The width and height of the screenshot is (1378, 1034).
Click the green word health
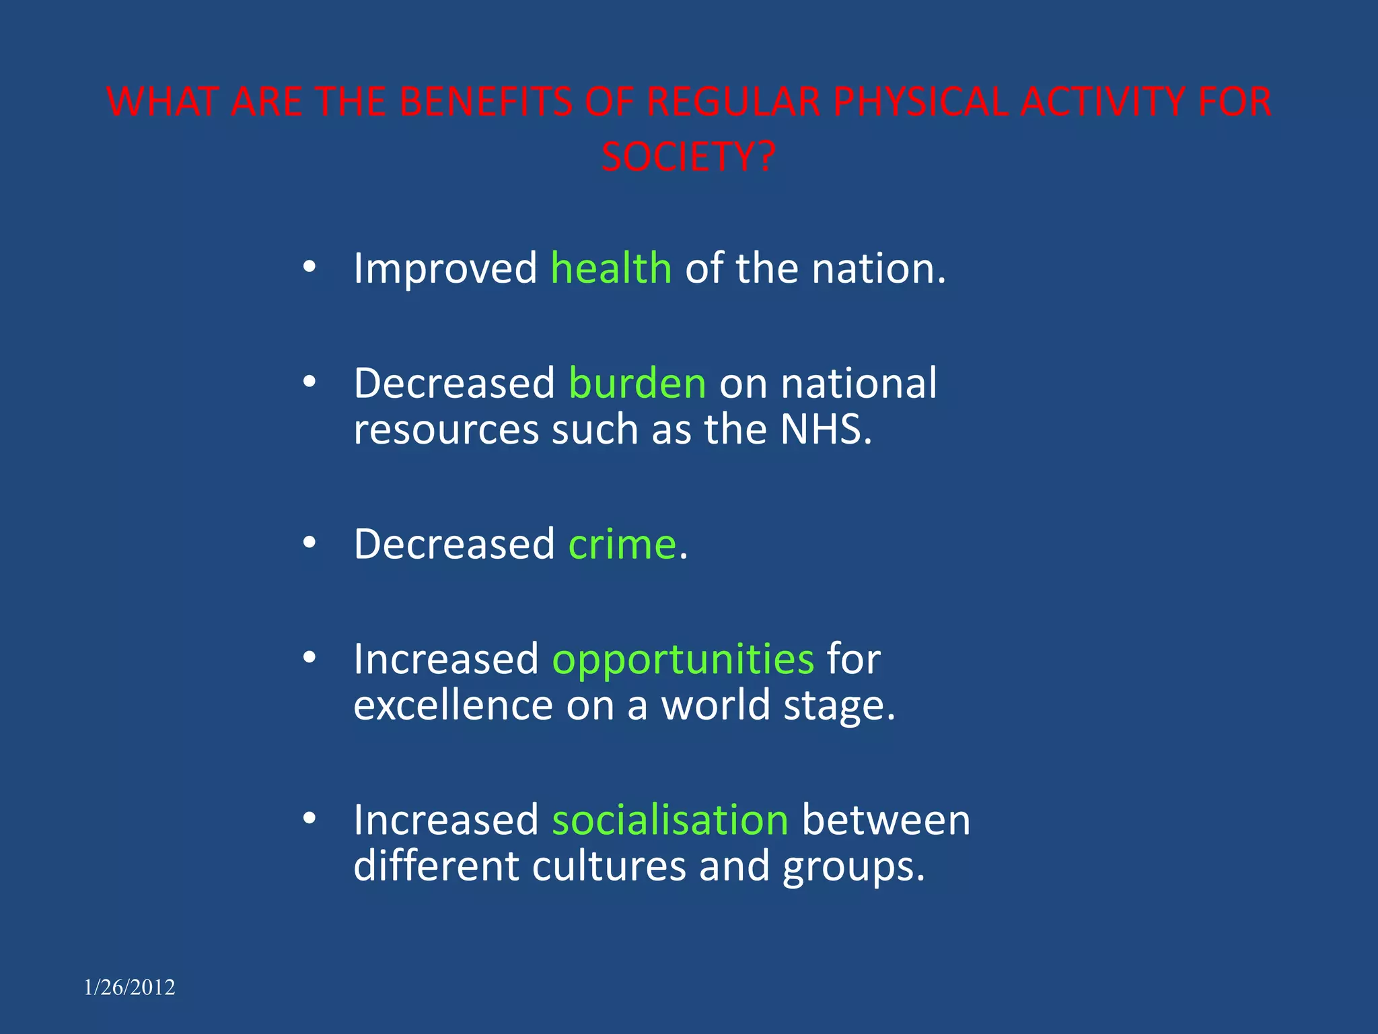click(611, 268)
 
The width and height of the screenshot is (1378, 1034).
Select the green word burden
click(637, 383)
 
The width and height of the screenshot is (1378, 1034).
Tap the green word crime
click(622, 544)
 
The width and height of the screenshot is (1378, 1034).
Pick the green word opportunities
click(683, 659)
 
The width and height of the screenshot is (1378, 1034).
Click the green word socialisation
click(670, 820)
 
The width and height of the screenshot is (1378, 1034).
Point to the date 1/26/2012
click(129, 987)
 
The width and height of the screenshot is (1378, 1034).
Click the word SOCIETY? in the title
click(688, 157)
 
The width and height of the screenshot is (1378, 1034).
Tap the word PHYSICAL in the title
click(920, 102)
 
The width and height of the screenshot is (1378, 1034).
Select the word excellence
click(453, 705)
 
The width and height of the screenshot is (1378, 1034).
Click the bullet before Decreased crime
click(309, 543)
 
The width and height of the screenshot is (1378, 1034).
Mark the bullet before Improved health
click(309, 267)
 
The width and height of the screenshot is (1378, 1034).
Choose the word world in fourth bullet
click(715, 705)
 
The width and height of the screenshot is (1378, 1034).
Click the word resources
click(446, 429)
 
